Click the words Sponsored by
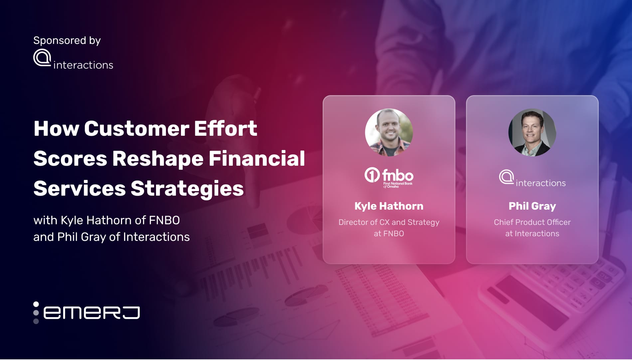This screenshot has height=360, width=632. point(67,41)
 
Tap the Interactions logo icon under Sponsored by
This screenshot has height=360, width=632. point(42,58)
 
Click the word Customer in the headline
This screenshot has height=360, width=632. point(136,128)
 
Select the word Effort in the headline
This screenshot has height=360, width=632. point(226,128)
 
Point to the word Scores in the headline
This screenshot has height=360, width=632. point(70,158)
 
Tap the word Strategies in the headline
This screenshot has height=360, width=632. point(187,188)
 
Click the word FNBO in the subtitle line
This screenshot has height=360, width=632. point(164,220)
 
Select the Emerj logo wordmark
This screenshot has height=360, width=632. point(91,313)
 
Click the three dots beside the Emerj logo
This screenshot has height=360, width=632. point(36,313)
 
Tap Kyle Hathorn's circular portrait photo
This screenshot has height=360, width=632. point(389,132)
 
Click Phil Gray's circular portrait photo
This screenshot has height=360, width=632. point(532,132)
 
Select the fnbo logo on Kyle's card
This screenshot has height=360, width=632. point(389,177)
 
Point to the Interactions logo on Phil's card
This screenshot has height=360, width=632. point(532,178)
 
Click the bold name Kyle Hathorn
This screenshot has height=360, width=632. point(389,206)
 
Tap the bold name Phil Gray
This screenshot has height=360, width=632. point(532,206)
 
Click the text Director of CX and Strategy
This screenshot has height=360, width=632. point(389,222)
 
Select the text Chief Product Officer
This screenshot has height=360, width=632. point(532,222)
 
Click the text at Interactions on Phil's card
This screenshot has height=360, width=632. point(532,234)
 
